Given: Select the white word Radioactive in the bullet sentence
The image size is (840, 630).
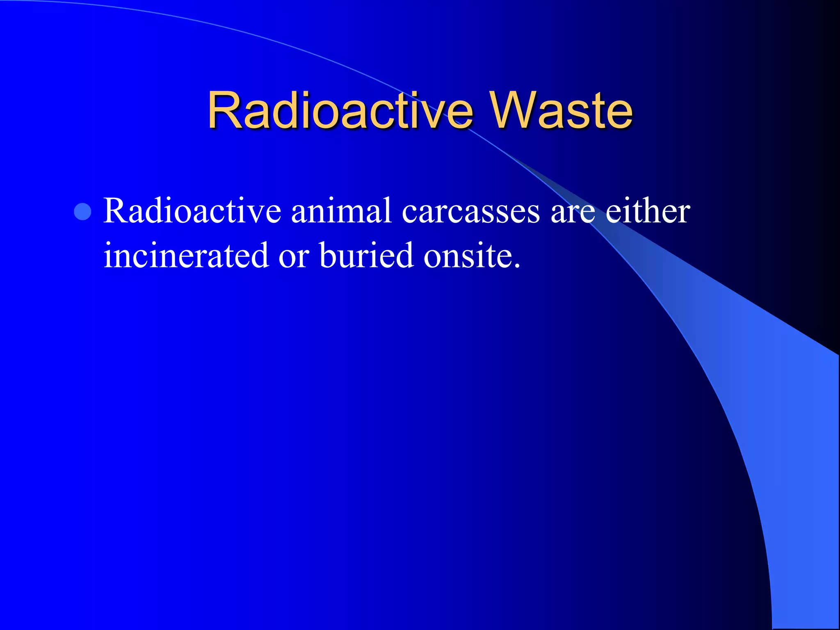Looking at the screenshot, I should (x=192, y=211).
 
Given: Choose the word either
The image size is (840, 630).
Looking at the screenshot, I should (x=648, y=211).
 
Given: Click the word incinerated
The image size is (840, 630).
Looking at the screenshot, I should (x=186, y=255).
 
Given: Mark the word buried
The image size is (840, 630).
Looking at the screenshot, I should (x=366, y=255).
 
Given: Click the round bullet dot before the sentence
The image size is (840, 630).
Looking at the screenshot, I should (x=83, y=212).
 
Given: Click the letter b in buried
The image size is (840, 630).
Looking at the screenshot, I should (x=329, y=255).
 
